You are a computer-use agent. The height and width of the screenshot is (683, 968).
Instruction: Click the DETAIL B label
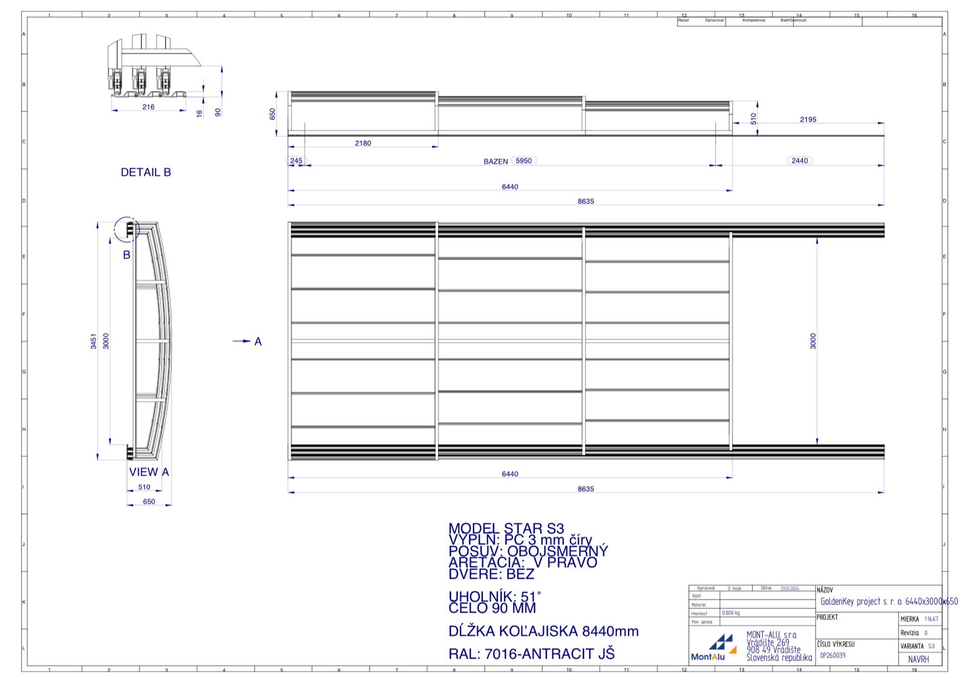point(146,172)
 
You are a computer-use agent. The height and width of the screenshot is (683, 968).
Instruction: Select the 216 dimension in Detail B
point(148,107)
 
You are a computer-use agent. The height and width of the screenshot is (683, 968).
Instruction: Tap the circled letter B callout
point(127,229)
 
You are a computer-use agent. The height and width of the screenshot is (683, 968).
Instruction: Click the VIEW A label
point(149,472)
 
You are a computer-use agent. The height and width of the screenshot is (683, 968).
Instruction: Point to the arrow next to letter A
point(241,341)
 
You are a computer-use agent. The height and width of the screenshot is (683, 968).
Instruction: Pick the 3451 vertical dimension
point(94,341)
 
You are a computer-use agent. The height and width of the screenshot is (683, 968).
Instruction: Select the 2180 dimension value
point(363,143)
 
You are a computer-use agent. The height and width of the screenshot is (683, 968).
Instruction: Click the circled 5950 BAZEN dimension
point(524,160)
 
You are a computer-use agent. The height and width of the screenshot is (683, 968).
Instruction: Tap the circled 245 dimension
point(296,161)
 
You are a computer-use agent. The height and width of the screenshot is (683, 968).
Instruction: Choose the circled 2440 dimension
point(800,160)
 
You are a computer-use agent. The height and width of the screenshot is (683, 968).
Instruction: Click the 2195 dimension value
point(808,120)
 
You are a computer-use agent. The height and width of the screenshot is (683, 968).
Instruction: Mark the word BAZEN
point(495,162)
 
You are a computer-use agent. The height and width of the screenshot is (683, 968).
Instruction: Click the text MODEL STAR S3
point(506,528)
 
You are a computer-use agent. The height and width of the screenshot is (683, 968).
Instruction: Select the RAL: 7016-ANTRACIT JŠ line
point(531,654)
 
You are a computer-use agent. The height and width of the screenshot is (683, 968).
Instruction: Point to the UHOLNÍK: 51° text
point(494,596)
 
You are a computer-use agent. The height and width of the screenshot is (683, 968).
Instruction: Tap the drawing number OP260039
point(832,655)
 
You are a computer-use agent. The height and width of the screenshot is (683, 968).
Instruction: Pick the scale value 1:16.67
point(931,619)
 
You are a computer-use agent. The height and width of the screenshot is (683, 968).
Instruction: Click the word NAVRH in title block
point(918,659)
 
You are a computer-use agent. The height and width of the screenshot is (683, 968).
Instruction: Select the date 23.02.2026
point(790,588)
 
